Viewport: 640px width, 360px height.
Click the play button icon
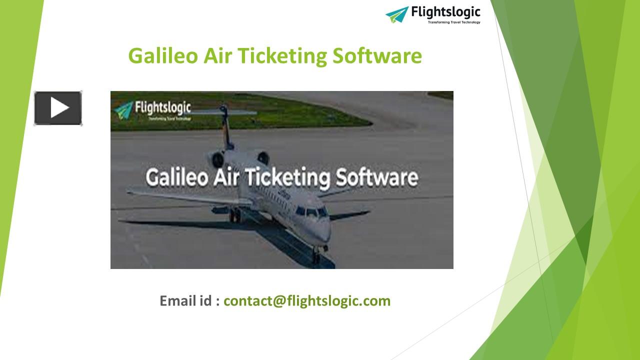58,108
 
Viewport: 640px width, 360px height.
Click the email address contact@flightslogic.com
306,300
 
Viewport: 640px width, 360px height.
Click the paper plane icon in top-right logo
397,14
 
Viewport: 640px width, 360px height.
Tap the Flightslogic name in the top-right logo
445,11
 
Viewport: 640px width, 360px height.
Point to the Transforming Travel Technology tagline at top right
454,22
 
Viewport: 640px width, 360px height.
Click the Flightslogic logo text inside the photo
163,107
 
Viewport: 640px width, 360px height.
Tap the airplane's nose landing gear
316,255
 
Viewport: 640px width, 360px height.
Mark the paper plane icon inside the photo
123,109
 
